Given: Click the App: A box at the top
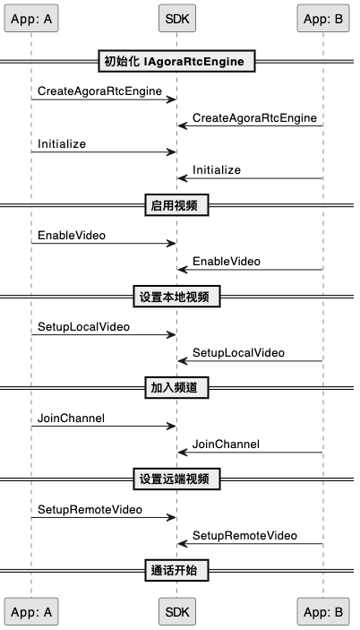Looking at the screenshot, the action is click(x=31, y=19).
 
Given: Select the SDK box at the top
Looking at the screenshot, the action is click(x=177, y=19).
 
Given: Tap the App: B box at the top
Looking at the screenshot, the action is click(x=323, y=19).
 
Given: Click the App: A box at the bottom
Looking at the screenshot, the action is click(x=31, y=611).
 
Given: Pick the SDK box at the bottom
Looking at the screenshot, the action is click(x=177, y=611).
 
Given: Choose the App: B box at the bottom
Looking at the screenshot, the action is click(x=323, y=611).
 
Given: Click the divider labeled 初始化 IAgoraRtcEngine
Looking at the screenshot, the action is click(x=177, y=61).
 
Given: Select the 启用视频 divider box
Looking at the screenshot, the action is click(x=177, y=205).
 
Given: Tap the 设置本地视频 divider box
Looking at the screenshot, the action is click(x=177, y=297).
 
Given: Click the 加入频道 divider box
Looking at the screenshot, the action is click(x=177, y=388).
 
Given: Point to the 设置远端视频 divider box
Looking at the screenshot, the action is click(x=177, y=479).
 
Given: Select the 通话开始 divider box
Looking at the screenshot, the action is click(x=177, y=570).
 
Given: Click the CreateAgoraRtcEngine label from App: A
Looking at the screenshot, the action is click(x=99, y=91).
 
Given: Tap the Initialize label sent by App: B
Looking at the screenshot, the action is click(x=217, y=170).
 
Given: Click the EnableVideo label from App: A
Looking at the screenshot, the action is click(x=72, y=236).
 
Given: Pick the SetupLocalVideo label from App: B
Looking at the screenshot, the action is click(x=238, y=353).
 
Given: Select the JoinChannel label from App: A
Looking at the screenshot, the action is click(x=71, y=419).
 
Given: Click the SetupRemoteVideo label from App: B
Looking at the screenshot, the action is click(x=244, y=536).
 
